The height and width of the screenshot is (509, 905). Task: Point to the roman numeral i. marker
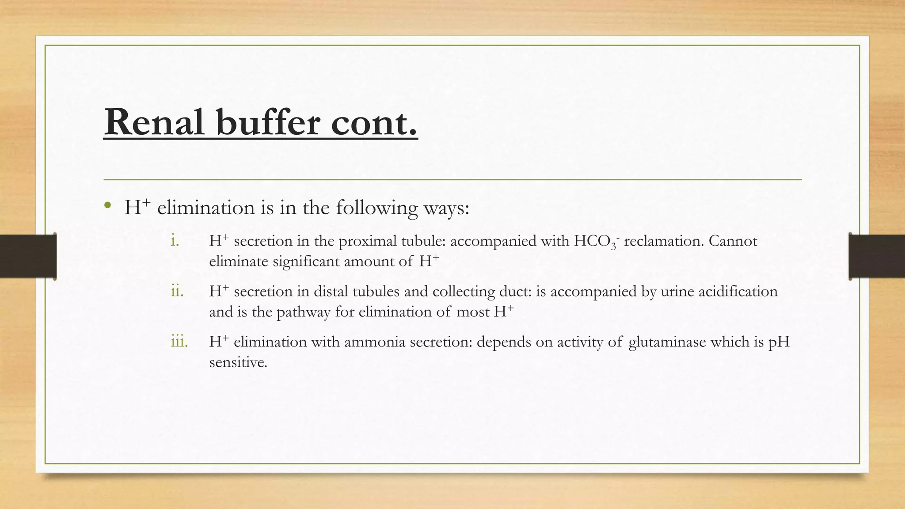pyautogui.click(x=175, y=241)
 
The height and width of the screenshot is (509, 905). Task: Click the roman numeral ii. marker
pyautogui.click(x=177, y=292)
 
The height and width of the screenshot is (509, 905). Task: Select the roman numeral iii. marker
pyautogui.click(x=179, y=342)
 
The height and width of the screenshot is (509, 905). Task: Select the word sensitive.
pyautogui.click(x=238, y=363)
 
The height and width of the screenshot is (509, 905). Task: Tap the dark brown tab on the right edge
pyautogui.click(x=877, y=256)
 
